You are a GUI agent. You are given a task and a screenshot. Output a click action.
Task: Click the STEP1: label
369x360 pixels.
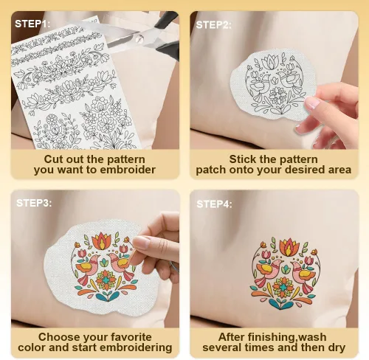32,24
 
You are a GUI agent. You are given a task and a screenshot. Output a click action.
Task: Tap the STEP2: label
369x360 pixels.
213,25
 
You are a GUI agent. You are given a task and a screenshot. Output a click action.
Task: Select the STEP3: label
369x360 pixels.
34,203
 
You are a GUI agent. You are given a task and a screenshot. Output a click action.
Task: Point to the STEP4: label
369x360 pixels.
214,204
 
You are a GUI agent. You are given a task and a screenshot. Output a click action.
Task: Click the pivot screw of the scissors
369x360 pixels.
139,38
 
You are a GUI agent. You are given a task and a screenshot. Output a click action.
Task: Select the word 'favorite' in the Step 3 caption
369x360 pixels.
131,337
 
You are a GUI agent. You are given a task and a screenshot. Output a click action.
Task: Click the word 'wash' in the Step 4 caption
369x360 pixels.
313,337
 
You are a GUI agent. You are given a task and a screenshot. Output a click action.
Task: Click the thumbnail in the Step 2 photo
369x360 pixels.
312,103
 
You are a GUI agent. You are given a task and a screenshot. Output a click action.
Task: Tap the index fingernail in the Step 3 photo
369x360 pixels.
141,242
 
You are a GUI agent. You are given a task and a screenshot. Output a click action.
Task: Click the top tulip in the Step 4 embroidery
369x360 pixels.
289,246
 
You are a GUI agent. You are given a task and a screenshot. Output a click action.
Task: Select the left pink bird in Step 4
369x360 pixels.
269,271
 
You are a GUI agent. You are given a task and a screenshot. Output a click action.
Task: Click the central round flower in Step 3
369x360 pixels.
106,280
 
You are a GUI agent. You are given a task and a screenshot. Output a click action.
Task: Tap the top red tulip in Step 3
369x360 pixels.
101,241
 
